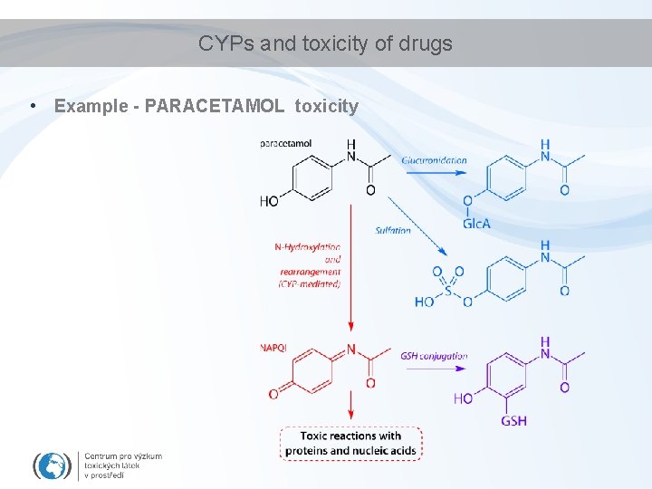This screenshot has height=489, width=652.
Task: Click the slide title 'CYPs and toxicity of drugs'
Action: pyautogui.click(x=325, y=43)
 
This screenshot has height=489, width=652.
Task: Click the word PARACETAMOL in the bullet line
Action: pyautogui.click(x=214, y=106)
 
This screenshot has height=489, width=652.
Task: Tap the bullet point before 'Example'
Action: pyautogui.click(x=32, y=106)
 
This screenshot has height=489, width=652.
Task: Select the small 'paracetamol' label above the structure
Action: pyautogui.click(x=286, y=143)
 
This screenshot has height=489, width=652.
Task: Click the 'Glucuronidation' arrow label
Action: pyautogui.click(x=434, y=160)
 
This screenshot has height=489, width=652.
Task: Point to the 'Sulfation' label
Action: pyautogui.click(x=393, y=230)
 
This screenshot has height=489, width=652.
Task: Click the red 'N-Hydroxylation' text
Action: pyautogui.click(x=308, y=246)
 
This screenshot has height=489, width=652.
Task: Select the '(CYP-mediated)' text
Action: pyautogui.click(x=310, y=284)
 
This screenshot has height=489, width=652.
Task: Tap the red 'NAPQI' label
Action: pyautogui.click(x=273, y=347)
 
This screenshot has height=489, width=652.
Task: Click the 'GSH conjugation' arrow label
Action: pyautogui.click(x=434, y=356)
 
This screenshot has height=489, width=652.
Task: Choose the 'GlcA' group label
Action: pyautogui.click(x=476, y=223)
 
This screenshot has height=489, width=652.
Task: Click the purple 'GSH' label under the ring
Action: pyautogui.click(x=513, y=420)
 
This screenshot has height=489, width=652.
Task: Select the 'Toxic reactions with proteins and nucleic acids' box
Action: pyautogui.click(x=350, y=443)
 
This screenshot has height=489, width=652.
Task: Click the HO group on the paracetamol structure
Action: pyautogui.click(x=269, y=201)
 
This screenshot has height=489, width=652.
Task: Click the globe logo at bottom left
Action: pyautogui.click(x=52, y=465)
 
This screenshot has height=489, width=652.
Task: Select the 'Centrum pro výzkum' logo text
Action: pyautogui.click(x=123, y=456)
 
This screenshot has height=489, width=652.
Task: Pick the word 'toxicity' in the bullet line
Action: pyautogui.click(x=327, y=106)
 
